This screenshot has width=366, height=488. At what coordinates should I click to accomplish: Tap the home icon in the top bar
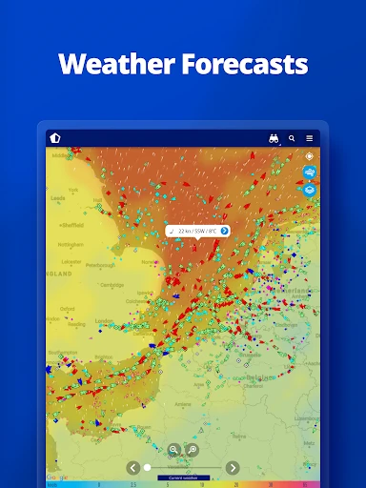click(55, 138)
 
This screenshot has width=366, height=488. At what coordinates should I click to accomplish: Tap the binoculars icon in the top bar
click(274, 138)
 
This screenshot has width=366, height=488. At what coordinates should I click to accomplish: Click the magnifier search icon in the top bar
click(292, 138)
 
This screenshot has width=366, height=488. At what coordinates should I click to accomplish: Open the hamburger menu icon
click(310, 138)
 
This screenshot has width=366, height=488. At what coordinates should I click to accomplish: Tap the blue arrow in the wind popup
click(224, 231)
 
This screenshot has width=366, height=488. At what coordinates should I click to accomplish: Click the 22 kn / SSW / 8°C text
click(196, 231)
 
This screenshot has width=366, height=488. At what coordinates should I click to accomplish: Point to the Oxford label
click(68, 309)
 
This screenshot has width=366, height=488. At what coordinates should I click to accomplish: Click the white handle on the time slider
click(147, 467)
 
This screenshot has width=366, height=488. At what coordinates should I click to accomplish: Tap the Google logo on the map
click(57, 477)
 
